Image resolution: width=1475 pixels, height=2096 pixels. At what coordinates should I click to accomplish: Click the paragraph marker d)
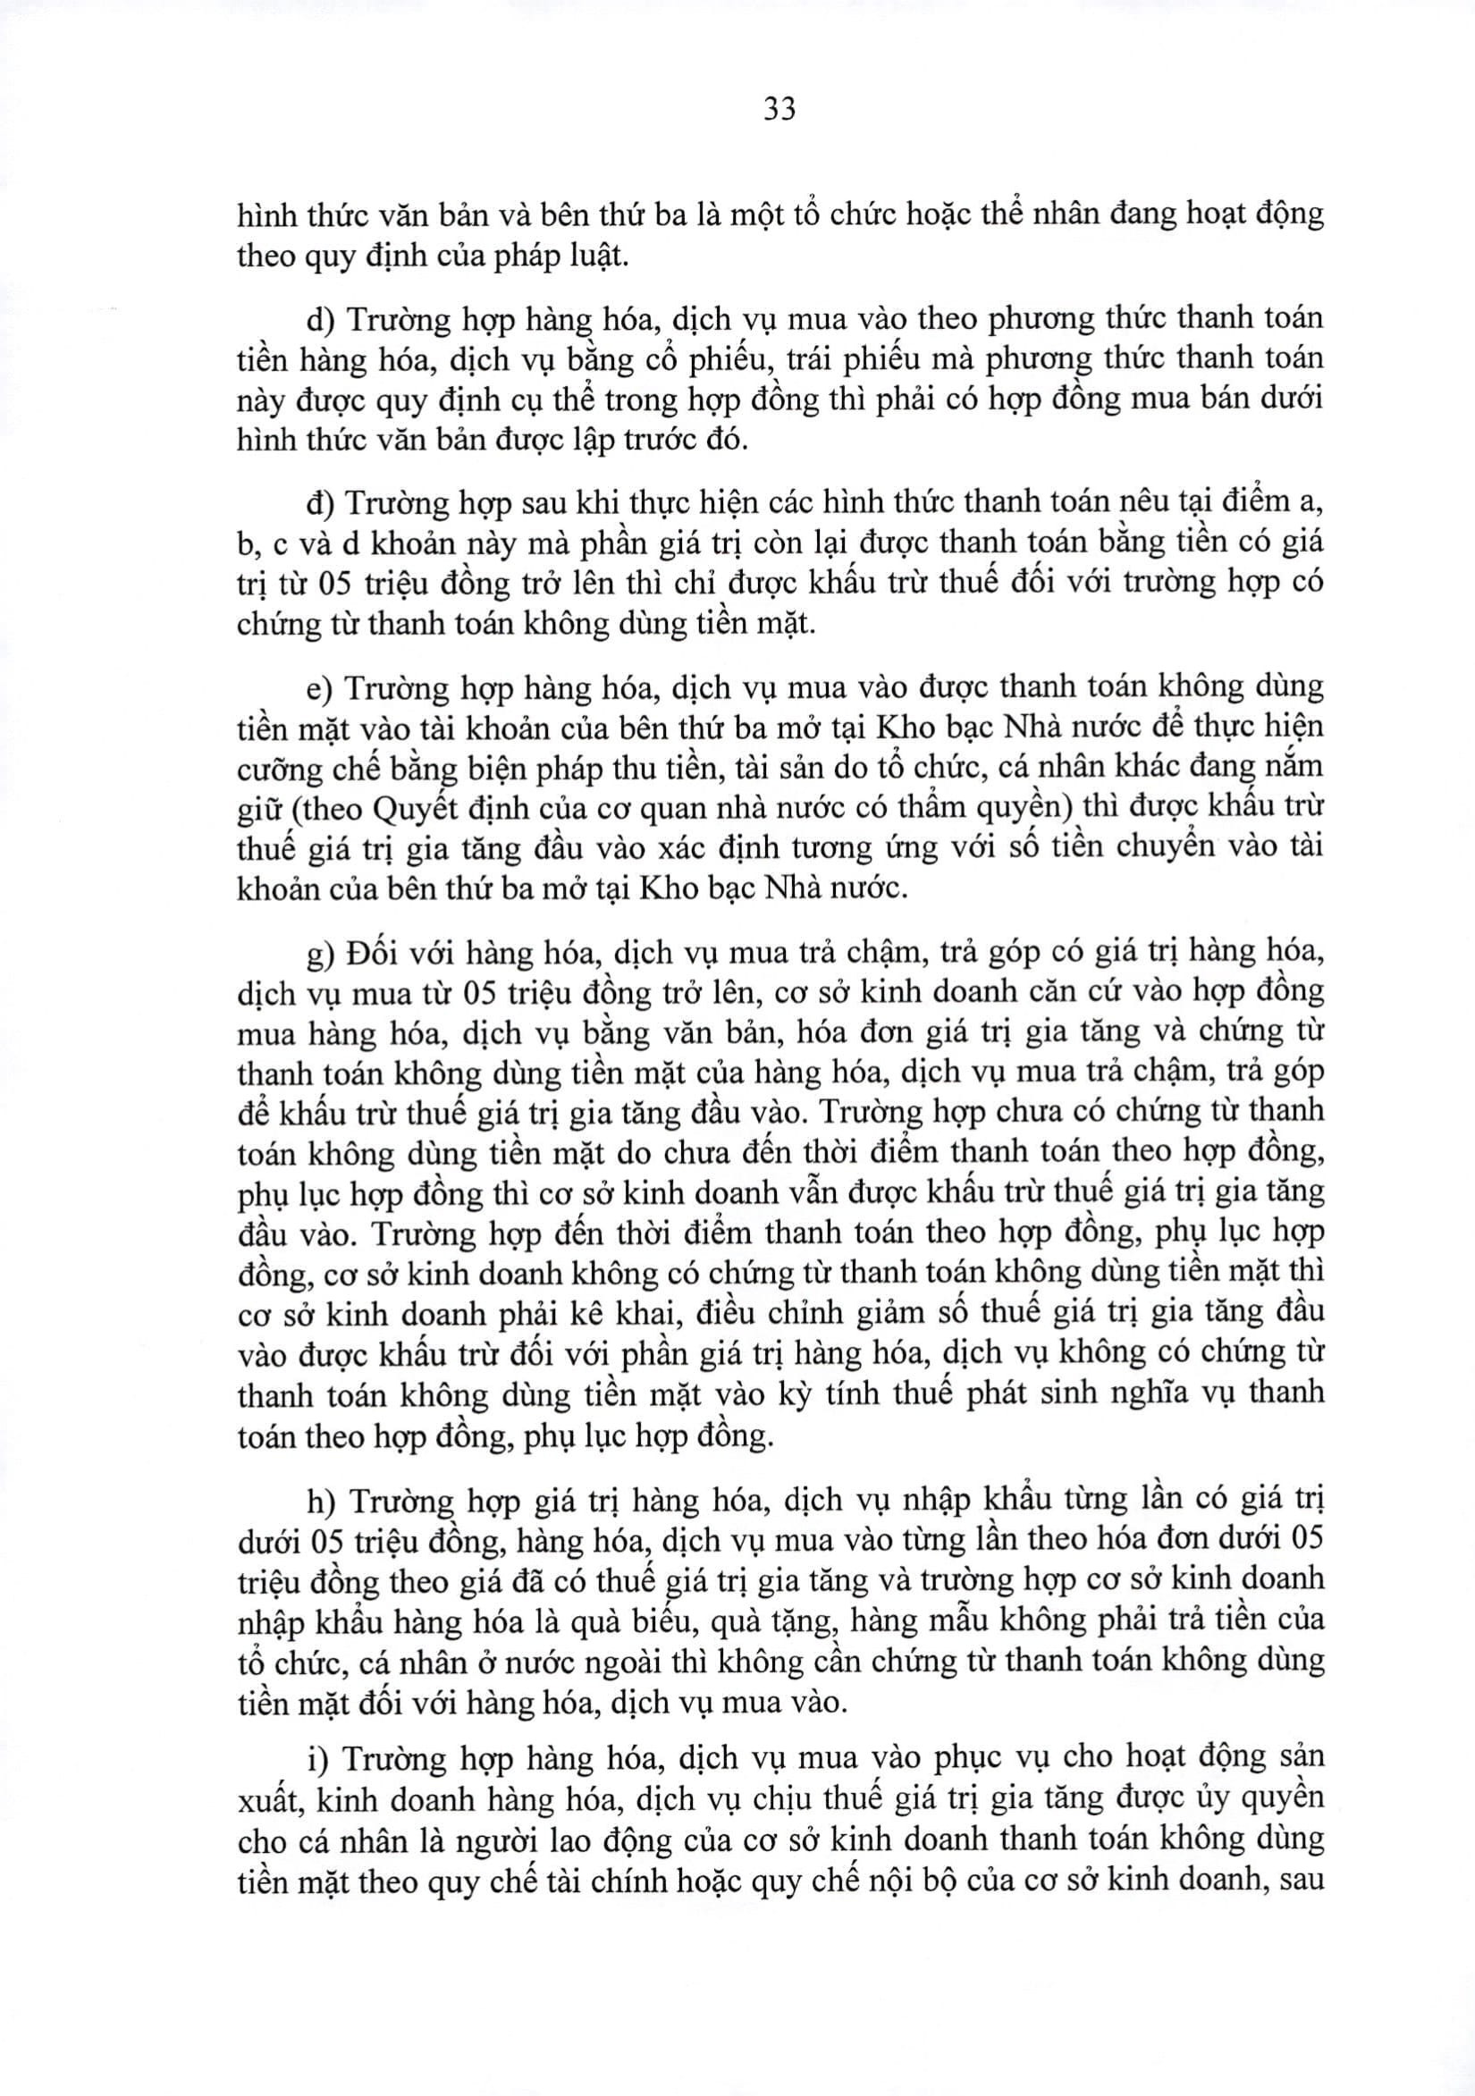(x=320, y=319)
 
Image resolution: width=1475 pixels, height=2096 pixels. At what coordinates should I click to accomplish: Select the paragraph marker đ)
(x=320, y=503)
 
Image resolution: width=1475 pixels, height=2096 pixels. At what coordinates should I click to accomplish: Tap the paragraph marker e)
(x=319, y=687)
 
